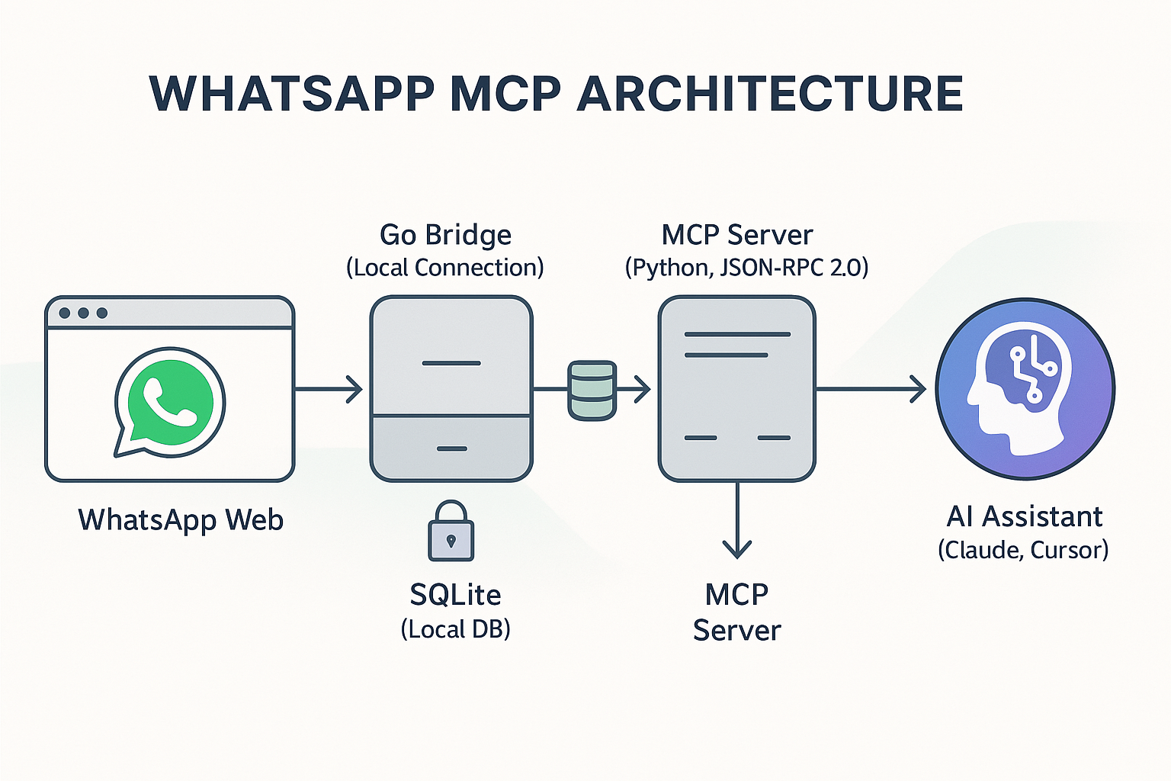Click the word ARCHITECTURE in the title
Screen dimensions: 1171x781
[769, 94]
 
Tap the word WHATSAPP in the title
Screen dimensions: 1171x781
[291, 94]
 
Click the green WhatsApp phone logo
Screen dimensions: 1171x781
[170, 402]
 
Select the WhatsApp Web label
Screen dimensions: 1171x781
[181, 519]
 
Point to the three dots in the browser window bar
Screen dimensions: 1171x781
[83, 313]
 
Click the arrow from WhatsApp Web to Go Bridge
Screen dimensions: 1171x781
[329, 389]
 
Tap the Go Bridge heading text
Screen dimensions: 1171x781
[445, 235]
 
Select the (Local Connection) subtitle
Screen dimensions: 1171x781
[445, 267]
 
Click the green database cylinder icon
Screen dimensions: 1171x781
[592, 390]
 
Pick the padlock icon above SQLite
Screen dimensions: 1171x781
[451, 531]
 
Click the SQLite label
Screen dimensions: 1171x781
[455, 595]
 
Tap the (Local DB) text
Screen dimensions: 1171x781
[455, 628]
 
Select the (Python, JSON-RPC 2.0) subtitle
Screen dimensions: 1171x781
[747, 267]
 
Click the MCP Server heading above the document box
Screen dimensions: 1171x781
[737, 234]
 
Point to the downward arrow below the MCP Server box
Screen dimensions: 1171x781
[737, 520]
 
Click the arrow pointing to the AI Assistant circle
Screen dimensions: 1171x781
[871, 389]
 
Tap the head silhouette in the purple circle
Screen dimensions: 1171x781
[1019, 388]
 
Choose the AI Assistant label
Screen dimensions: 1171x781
[1025, 517]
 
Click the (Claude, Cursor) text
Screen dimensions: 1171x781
[1024, 550]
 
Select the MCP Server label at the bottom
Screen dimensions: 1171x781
[737, 612]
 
